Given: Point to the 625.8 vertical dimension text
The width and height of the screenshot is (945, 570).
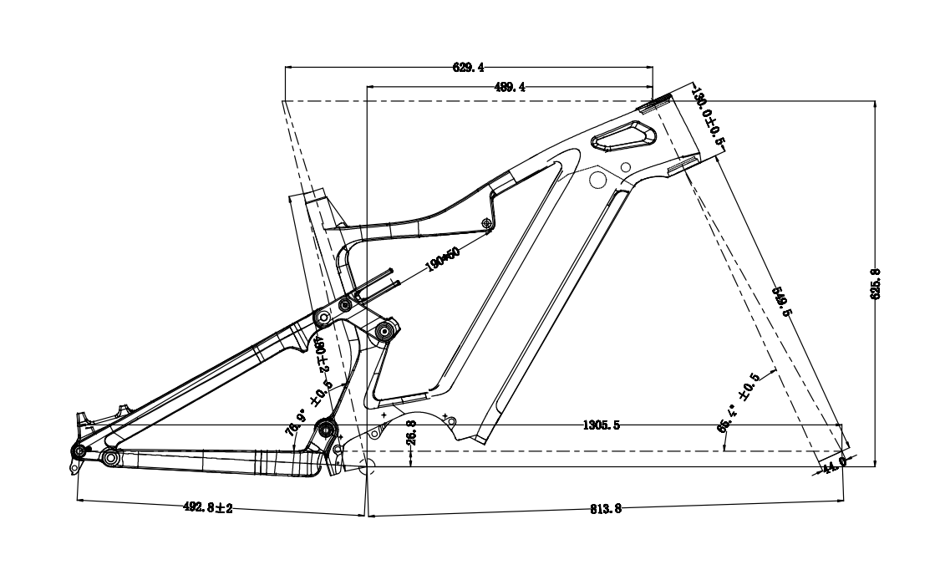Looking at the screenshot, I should [876, 285].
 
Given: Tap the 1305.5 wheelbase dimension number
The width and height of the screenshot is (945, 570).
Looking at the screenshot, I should [600, 425].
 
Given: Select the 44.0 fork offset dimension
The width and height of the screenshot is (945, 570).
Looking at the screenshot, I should [835, 461].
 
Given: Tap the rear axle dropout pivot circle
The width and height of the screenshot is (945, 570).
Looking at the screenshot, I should [79, 450].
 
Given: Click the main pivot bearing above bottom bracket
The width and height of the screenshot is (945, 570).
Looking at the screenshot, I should [325, 430].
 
